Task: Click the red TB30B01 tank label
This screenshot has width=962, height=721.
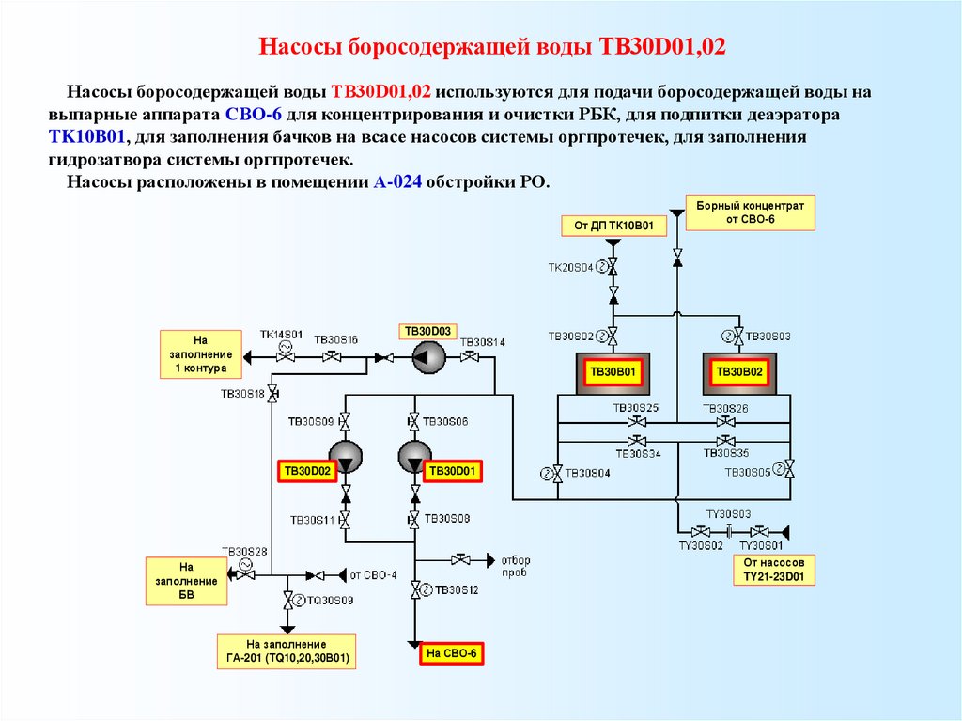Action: [x=613, y=373]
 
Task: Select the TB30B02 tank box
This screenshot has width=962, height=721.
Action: [x=739, y=373]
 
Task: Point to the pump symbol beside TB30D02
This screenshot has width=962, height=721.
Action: [x=346, y=457]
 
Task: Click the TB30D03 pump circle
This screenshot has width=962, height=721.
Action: [x=427, y=357]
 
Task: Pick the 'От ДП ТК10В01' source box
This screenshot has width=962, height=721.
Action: [x=613, y=226]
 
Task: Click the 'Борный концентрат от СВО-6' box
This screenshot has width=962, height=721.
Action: [x=750, y=212]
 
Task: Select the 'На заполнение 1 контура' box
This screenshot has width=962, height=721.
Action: [x=199, y=354]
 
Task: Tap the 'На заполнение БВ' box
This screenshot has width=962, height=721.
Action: [x=185, y=581]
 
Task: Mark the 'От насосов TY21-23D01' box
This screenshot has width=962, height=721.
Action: [x=772, y=569]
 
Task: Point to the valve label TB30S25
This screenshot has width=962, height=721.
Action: [x=636, y=408]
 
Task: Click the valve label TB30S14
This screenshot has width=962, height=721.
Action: [x=484, y=342]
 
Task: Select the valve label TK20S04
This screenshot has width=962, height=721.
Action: [x=571, y=268]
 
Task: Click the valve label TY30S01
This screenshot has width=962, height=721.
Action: [x=760, y=545]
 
